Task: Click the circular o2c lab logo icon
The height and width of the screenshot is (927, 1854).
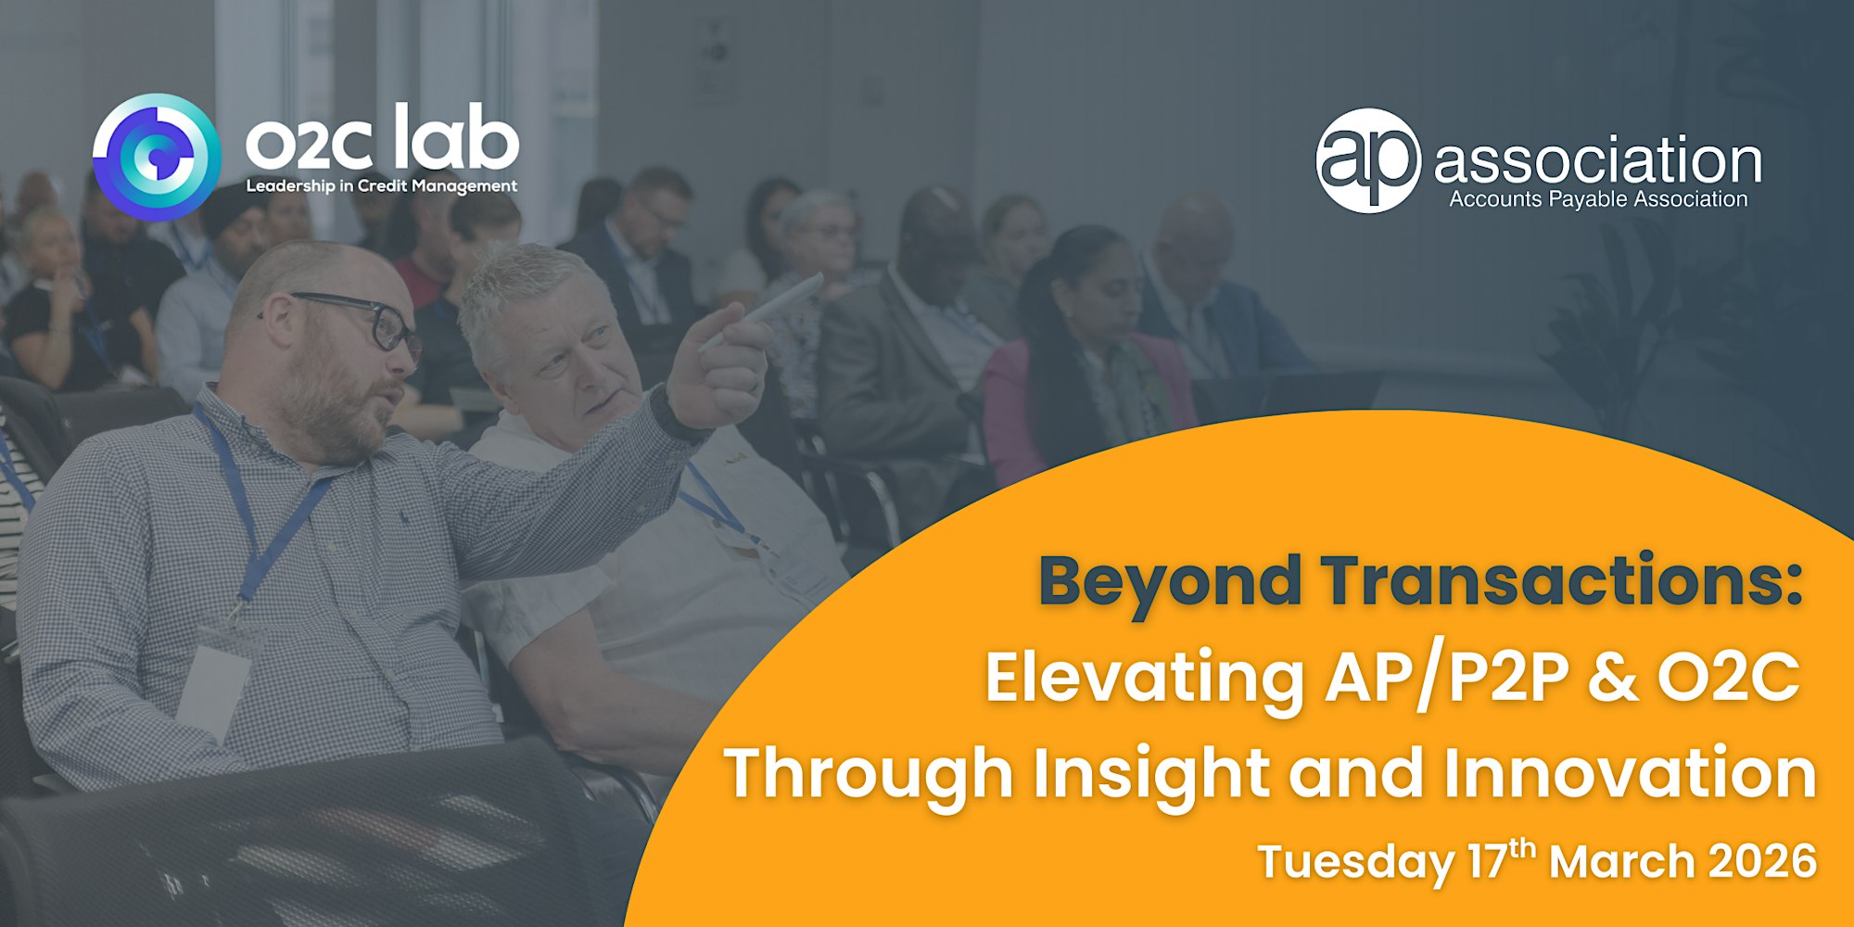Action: pos(157,157)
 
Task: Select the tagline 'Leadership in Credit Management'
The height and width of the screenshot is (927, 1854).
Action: pos(381,186)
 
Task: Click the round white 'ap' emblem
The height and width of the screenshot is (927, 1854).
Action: pos(1368,161)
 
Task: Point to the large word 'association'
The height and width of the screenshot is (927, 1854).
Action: pos(1597,160)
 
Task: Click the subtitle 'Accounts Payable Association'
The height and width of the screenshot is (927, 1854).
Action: pos(1598,199)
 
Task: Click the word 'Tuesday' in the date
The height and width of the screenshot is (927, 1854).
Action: pos(1355,863)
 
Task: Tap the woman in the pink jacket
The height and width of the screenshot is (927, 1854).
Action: pos(1085,362)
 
